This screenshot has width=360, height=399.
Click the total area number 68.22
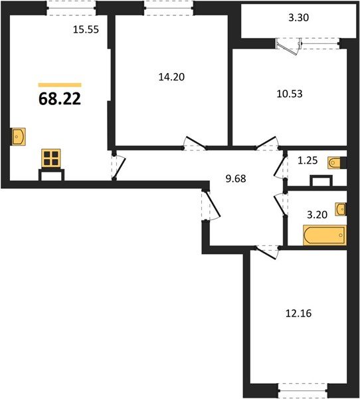[x=64, y=101]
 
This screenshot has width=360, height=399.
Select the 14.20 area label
[x=171, y=76]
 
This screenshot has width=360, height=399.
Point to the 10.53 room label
[x=289, y=94]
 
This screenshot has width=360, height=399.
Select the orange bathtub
[x=324, y=235]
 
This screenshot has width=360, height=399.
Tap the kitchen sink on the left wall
[x=19, y=136]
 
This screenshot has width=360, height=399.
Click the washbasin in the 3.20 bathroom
[x=341, y=209]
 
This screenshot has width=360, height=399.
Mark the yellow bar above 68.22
[x=60, y=85]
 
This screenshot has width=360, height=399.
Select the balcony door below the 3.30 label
[x=290, y=45]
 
